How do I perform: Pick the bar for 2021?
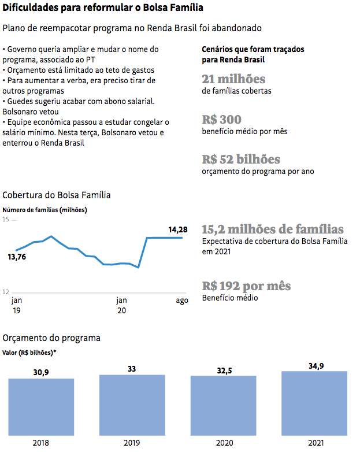coord(314,403)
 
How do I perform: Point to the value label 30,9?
coord(41,373)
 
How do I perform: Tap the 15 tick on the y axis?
coord(6,220)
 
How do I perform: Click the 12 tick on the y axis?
coord(6,291)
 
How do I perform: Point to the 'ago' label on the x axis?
coord(182,301)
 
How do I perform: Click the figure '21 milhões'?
coord(233,79)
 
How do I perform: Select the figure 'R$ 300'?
coord(221,120)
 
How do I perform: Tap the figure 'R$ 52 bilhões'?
coord(241,159)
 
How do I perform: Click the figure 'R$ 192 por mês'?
coord(246,286)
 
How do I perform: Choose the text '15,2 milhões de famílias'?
coord(273,229)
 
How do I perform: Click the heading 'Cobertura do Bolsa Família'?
coord(57,195)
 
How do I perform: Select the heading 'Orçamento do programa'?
coord(51,338)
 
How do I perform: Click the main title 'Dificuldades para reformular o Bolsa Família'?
coord(103,9)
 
